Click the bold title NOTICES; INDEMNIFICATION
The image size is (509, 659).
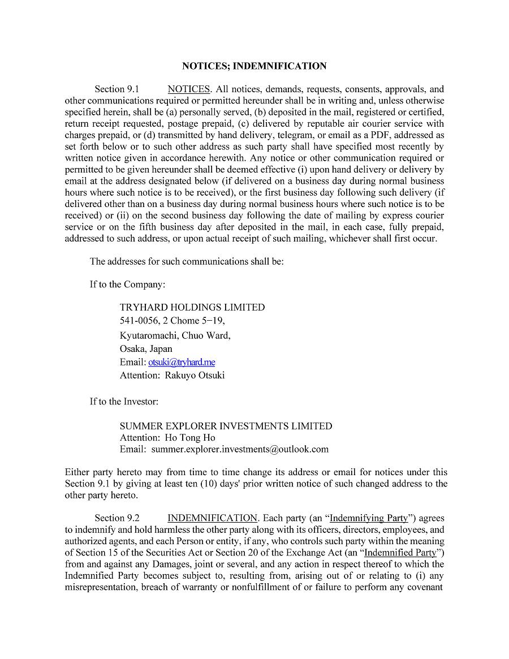pyautogui.click(x=254, y=66)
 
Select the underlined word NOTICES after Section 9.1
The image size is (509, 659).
pyautogui.click(x=189, y=89)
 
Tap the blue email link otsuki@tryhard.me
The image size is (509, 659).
pyautogui.click(x=182, y=362)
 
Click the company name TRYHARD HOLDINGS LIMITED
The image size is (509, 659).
pyautogui.click(x=192, y=307)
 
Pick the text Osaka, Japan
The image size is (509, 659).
pyautogui.click(x=146, y=348)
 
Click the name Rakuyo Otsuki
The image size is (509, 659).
pyautogui.click(x=195, y=375)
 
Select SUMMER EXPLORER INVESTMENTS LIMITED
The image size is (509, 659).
pyautogui.click(x=226, y=426)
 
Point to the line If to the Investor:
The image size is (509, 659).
pyautogui.click(x=124, y=402)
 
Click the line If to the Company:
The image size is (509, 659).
pyautogui.click(x=127, y=285)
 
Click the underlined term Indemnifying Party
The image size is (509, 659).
pyautogui.click(x=369, y=518)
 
